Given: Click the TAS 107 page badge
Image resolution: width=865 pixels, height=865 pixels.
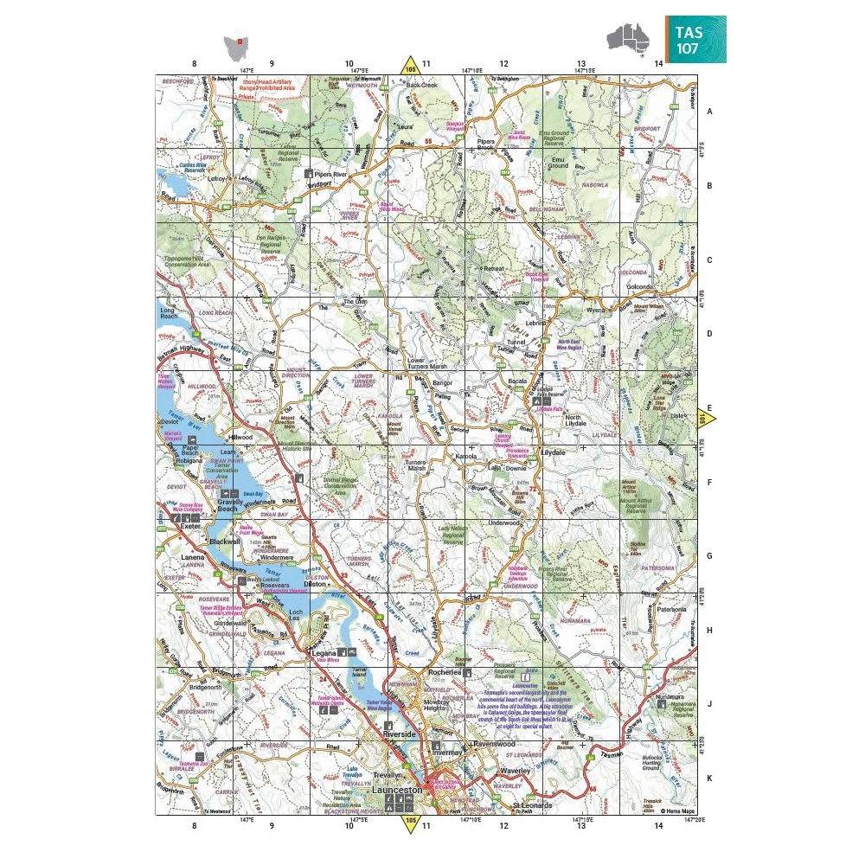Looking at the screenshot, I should [x=695, y=39].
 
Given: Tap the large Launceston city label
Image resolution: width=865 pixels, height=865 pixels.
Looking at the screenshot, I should [x=397, y=791].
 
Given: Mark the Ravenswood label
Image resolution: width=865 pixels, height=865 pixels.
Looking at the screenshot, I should [x=494, y=743].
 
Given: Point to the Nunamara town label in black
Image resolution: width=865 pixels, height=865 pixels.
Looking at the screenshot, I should [x=670, y=695].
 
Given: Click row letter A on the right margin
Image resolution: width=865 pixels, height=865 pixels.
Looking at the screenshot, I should [x=709, y=112].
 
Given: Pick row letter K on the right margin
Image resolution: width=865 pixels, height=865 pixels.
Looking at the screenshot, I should [x=709, y=778].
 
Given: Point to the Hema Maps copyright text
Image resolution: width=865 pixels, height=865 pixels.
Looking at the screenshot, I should [x=678, y=811].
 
